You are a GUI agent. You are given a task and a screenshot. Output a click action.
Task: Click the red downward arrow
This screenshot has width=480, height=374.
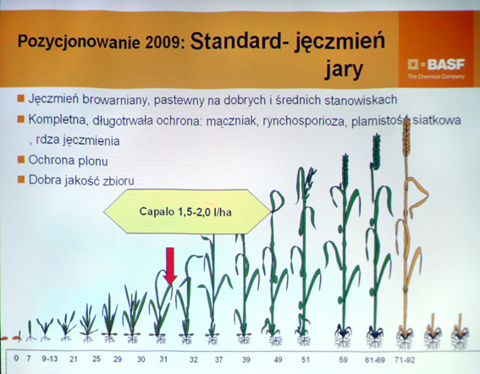(170, 266)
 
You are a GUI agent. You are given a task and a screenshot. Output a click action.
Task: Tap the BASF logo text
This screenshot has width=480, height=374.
(446, 64)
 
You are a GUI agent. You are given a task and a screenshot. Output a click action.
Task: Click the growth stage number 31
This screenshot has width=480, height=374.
(163, 359)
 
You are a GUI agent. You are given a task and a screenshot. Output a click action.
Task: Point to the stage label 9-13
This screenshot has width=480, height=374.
(50, 359)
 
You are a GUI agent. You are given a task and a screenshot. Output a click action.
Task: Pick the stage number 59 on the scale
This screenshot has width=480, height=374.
(344, 360)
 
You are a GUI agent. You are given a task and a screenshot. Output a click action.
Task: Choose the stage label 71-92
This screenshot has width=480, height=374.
(405, 360)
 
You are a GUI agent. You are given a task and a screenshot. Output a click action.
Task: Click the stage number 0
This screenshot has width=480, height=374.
(16, 358)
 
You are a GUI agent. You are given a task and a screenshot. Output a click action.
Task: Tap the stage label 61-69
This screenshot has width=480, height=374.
(375, 360)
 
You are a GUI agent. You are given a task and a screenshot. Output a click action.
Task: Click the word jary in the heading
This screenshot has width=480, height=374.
(344, 69)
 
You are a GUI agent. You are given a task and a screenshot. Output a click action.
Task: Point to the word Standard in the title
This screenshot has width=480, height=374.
(235, 41)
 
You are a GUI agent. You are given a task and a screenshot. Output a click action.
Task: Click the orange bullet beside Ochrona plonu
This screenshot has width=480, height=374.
(21, 159)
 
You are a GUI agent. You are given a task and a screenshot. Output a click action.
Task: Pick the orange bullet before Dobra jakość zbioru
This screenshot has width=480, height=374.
(21, 179)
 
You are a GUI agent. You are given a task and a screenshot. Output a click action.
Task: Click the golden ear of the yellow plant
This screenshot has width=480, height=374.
(406, 138)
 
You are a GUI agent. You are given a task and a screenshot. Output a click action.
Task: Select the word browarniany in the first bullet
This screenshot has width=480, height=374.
(115, 100)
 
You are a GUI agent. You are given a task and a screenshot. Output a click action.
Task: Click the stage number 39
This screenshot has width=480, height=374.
(246, 360)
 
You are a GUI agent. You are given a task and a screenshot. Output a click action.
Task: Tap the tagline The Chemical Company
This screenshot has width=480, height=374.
(436, 76)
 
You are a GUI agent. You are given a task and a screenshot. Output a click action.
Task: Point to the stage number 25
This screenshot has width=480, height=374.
(97, 359)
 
